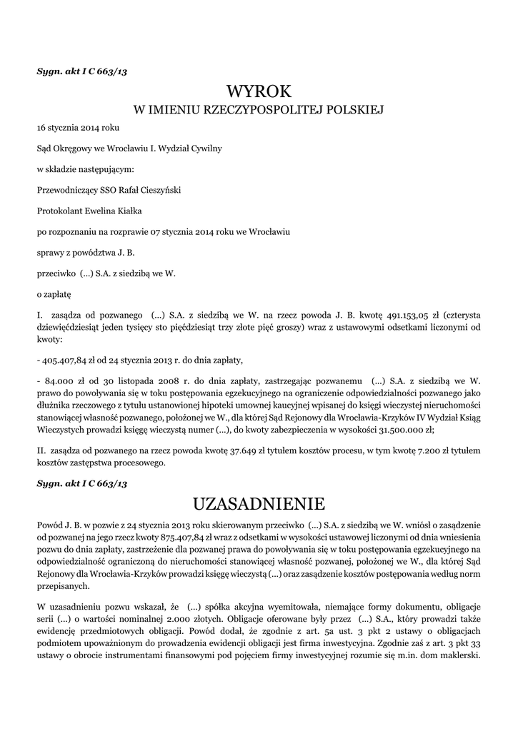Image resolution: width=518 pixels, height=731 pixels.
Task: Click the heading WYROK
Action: click(259, 92)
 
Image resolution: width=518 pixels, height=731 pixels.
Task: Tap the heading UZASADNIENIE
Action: click(259, 504)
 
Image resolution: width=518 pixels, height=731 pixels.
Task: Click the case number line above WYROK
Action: click(81, 71)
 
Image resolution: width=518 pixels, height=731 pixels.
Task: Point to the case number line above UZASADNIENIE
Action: click(81, 484)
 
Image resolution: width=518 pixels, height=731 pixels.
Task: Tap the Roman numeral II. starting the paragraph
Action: click(41, 451)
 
